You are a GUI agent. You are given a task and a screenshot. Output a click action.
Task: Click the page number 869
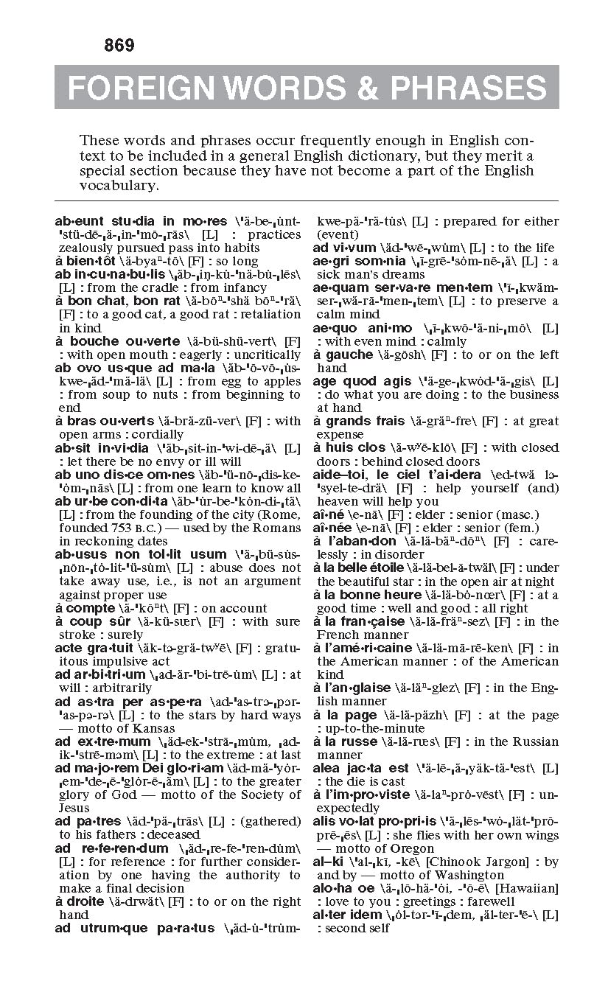(x=119, y=46)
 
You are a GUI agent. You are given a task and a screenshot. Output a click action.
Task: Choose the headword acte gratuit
(x=94, y=648)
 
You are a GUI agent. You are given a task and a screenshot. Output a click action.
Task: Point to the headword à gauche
(x=343, y=355)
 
